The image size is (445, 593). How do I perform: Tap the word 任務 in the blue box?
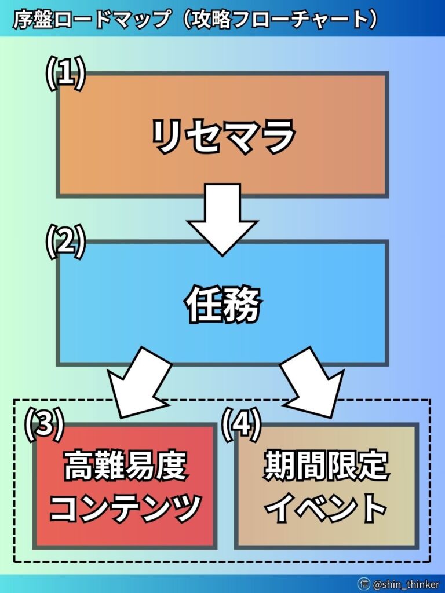[223, 305]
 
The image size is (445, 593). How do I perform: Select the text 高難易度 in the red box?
[125, 466]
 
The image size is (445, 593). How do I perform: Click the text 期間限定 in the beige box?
[326, 466]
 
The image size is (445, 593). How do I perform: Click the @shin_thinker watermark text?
[406, 584]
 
